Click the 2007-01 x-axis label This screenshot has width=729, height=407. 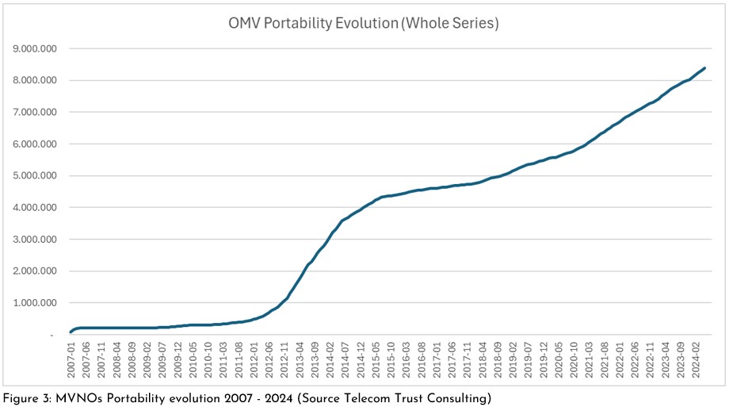[71, 362]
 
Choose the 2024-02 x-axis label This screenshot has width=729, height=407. [694, 362]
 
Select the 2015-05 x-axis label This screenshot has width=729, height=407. [374, 362]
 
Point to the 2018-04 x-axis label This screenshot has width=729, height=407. [480, 362]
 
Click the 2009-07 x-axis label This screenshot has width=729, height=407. [162, 362]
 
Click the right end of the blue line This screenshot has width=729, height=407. [705, 68]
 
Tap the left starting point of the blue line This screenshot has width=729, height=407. [70, 332]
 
